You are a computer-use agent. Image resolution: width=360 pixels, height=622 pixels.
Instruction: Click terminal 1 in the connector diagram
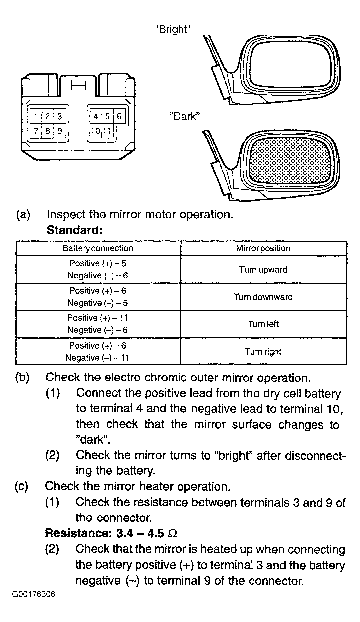pyautogui.click(x=36, y=117)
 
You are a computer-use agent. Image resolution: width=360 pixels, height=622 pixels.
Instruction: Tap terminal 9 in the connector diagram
pyautogui.click(x=60, y=131)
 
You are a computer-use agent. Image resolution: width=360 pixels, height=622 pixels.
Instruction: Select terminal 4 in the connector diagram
pyautogui.click(x=96, y=116)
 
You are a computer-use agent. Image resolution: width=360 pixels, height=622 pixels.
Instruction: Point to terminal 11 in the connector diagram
pyautogui.click(x=107, y=131)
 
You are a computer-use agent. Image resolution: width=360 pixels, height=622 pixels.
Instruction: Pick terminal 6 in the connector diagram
pyautogui.click(x=119, y=116)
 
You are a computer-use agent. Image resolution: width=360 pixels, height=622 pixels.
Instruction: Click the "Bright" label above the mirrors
pyautogui.click(x=173, y=29)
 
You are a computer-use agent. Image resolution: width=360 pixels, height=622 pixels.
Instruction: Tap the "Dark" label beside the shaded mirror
pyautogui.click(x=185, y=116)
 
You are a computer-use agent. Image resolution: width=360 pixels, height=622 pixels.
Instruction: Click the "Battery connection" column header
pyautogui.click(x=98, y=248)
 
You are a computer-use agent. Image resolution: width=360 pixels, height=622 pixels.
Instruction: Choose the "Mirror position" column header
pyautogui.click(x=263, y=248)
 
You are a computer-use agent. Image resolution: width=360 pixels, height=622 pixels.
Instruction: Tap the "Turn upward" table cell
pyautogui.click(x=263, y=269)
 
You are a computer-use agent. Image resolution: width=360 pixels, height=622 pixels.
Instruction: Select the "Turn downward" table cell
pyautogui.click(x=263, y=297)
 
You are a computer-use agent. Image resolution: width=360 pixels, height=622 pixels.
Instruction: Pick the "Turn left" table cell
pyautogui.click(x=263, y=324)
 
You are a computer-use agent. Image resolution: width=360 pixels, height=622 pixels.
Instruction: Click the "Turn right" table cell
pyautogui.click(x=263, y=351)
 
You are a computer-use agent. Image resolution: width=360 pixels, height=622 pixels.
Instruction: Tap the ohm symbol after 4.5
pyautogui.click(x=173, y=534)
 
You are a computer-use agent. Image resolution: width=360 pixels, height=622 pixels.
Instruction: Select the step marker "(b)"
pyautogui.click(x=22, y=377)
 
